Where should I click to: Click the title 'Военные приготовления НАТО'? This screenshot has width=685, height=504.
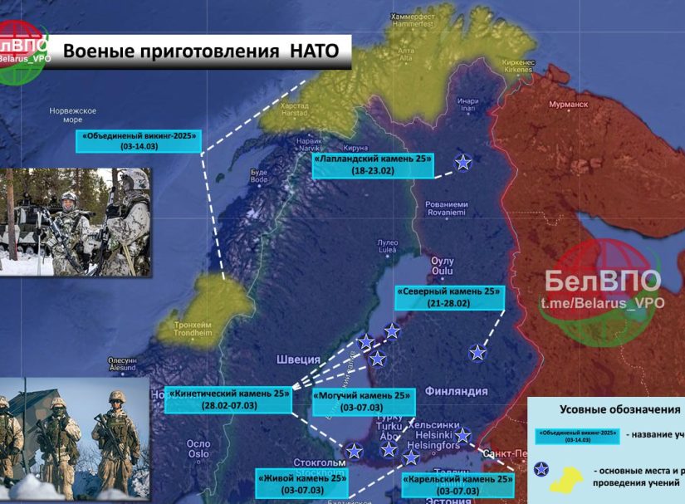click(201, 51)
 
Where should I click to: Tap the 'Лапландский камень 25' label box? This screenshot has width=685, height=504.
click(374, 164)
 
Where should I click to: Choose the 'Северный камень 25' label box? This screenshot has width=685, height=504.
click(450, 298)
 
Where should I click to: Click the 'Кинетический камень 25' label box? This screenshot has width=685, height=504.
click(228, 399)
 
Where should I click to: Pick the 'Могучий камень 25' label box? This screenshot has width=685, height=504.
click(362, 401)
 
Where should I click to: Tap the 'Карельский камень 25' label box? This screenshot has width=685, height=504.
click(456, 485)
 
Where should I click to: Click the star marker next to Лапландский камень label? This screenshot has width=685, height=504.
click(463, 163)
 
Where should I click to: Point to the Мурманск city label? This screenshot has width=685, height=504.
click(568, 105)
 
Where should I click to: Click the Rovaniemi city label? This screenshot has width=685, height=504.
click(446, 208)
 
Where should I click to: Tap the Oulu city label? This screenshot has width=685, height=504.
click(443, 265)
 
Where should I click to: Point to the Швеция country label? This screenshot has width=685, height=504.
click(296, 359)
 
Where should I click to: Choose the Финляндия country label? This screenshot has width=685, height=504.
click(455, 390)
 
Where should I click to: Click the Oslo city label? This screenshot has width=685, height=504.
click(198, 448)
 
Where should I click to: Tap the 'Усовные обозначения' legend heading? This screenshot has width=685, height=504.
click(619, 409)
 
